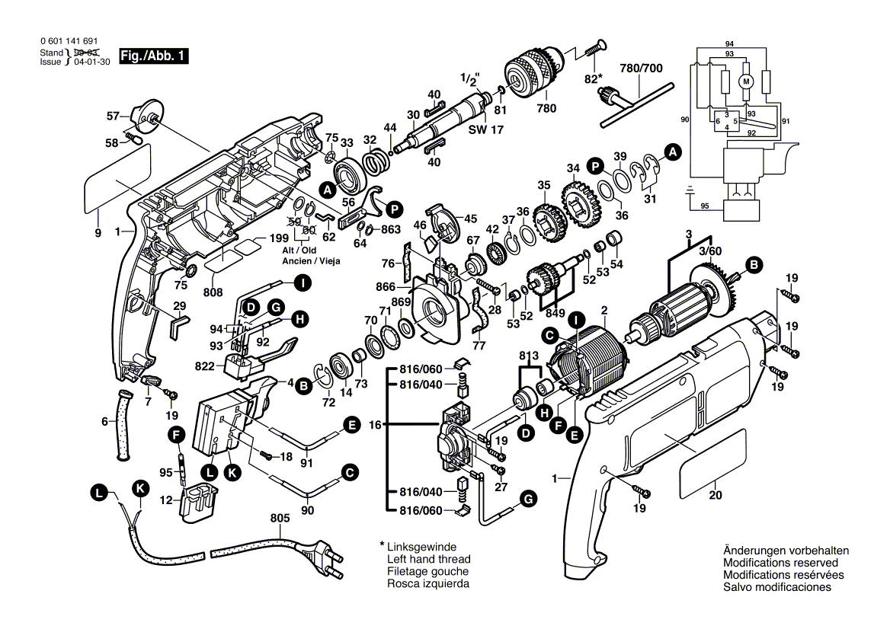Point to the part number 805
tap(280, 519)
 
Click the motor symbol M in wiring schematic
tap(747, 81)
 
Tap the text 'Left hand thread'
tap(428, 559)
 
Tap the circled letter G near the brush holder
tap(527, 499)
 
